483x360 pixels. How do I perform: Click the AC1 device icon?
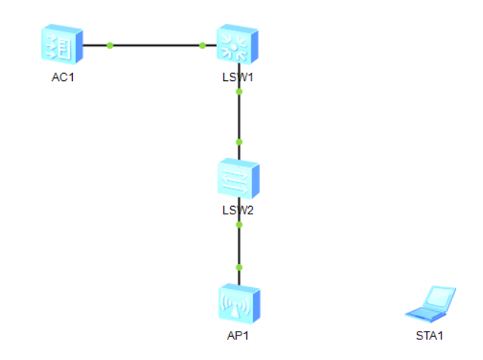(x=62, y=44)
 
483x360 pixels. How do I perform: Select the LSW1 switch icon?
(x=238, y=44)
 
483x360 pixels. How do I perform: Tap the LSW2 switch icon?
(x=238, y=178)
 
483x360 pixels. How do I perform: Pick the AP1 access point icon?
(x=239, y=303)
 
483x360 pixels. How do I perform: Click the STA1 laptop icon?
(x=430, y=304)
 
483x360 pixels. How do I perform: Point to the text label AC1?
(x=63, y=77)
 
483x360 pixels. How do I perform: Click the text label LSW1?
(x=238, y=77)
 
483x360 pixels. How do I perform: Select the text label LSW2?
(x=238, y=211)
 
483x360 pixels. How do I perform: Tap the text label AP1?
(x=238, y=335)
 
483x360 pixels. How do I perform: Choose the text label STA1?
(x=429, y=335)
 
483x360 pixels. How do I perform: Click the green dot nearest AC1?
(x=110, y=45)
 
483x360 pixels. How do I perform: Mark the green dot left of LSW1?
(x=202, y=45)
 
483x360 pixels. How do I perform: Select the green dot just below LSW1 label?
(x=239, y=92)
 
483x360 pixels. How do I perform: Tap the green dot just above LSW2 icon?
(x=239, y=142)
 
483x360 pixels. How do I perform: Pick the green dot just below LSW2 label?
(x=239, y=225)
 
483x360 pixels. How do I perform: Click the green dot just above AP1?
(x=239, y=267)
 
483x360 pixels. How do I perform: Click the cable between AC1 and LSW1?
(x=150, y=45)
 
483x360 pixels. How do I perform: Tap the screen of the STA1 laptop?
(x=439, y=296)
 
